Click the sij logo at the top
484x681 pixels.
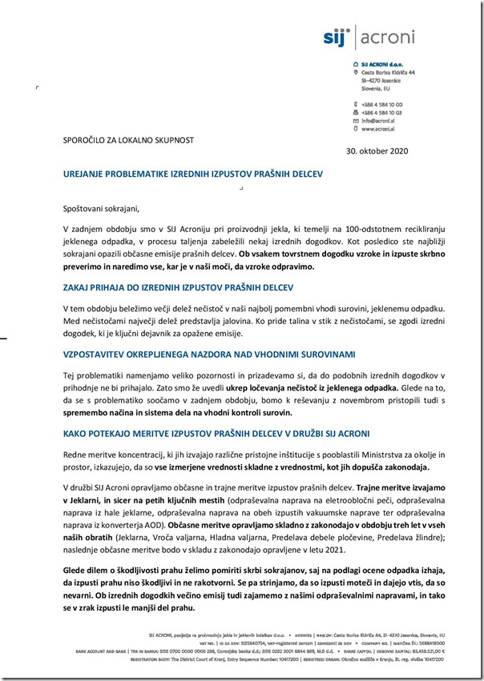(x=333, y=38)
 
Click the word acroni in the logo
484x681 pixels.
(x=386, y=38)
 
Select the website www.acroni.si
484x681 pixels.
(x=380, y=128)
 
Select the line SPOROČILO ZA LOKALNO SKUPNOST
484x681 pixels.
(x=127, y=139)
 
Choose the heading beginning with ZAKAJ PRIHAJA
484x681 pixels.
(x=178, y=286)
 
